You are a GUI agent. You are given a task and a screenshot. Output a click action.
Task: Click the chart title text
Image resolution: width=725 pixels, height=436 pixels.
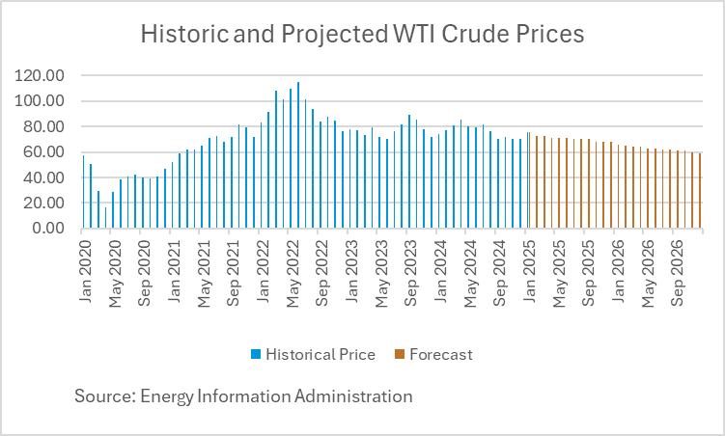point(362,35)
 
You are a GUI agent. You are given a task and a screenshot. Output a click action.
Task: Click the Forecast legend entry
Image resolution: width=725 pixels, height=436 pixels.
point(440,354)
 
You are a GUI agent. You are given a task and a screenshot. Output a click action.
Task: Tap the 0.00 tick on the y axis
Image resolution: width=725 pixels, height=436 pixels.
point(52,229)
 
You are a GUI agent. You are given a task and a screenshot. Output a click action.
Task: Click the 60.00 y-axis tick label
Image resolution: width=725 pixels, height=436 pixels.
point(48,152)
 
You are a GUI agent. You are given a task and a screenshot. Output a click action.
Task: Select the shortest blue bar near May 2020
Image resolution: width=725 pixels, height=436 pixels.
point(105,218)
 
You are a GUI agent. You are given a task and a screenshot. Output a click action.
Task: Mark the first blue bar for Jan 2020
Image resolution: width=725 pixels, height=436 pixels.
point(83,192)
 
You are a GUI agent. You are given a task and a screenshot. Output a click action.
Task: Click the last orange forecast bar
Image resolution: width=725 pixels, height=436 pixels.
point(700,191)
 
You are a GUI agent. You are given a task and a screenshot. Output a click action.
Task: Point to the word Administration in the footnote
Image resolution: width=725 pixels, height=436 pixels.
point(358,395)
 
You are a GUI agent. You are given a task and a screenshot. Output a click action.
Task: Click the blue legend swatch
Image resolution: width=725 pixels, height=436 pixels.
point(257,354)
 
